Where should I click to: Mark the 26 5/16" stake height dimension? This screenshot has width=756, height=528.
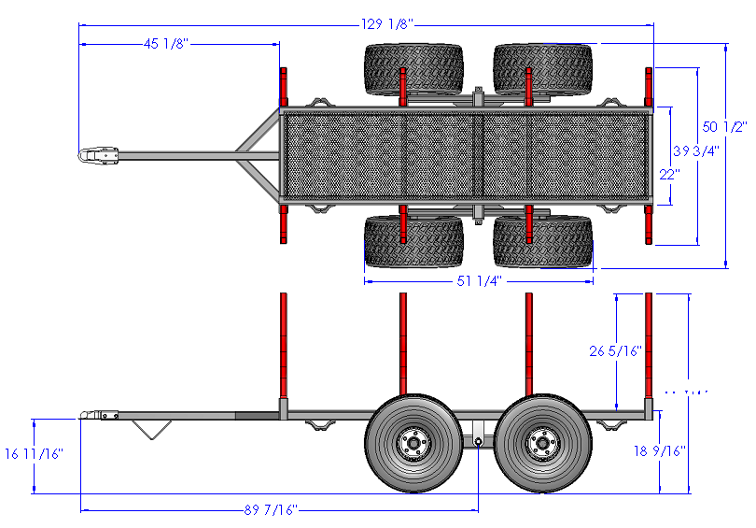tap(617, 351)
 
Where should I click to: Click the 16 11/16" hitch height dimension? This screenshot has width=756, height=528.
tap(34, 454)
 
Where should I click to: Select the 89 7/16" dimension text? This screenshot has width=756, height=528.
tap(270, 510)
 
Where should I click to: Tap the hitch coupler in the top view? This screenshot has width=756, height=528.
tap(99, 155)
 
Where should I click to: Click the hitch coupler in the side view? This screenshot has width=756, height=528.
tap(97, 415)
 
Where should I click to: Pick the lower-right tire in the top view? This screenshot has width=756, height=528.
tap(543, 242)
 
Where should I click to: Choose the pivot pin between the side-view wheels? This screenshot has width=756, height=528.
tap(478, 441)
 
